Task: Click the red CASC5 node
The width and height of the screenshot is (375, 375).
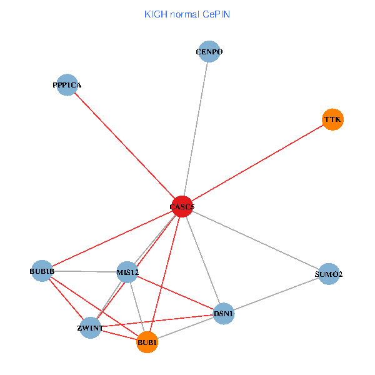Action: coord(182,207)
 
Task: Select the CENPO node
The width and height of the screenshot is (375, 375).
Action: coord(209,52)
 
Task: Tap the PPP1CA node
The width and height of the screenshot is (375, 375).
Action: coord(67,85)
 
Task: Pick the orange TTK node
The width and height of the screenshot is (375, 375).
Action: coord(332,119)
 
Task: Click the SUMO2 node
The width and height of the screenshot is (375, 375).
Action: coord(329,274)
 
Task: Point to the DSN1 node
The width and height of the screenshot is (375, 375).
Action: coord(224,314)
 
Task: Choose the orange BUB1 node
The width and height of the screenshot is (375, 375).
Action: coord(147,342)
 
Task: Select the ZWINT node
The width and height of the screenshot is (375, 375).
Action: coord(90,328)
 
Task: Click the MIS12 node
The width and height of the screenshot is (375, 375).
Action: coord(127,272)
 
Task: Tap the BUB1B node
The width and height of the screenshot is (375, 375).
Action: coord(42,271)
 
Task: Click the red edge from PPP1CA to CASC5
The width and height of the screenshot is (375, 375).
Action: coord(124,146)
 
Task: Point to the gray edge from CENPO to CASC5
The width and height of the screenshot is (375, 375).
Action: coord(196,129)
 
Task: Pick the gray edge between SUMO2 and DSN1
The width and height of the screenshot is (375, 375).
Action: coord(276,294)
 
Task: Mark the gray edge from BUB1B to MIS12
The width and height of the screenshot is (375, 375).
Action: coord(84,272)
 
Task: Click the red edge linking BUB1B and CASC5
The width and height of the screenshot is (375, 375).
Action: coord(112,239)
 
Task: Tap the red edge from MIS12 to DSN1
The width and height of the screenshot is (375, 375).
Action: coord(176,292)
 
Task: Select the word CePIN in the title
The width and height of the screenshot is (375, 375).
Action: coord(216,14)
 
